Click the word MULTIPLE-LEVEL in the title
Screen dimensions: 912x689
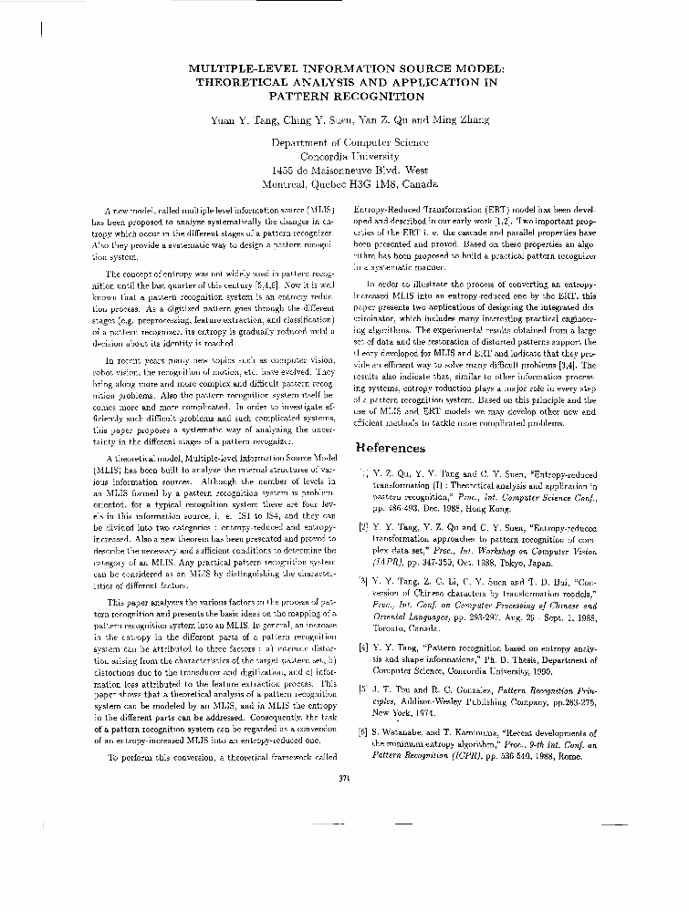click(x=238, y=67)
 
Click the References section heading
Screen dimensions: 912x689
click(x=390, y=448)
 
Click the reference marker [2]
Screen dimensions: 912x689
click(x=362, y=527)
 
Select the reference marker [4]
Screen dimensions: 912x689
click(x=362, y=646)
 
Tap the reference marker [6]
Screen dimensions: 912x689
click(x=362, y=732)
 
